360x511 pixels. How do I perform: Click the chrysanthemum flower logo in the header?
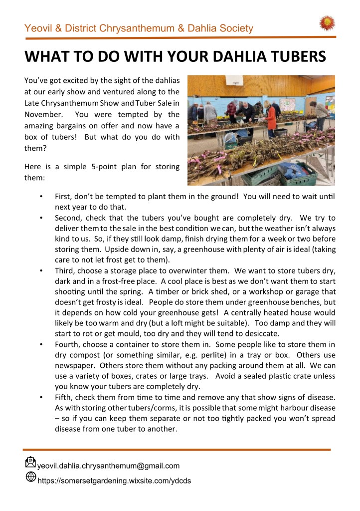(327, 22)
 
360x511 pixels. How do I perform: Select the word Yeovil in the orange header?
(39, 28)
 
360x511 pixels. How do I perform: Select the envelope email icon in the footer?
(30, 463)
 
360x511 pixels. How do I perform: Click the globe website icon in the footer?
(30, 477)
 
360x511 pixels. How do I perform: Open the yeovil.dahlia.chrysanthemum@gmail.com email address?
(108, 466)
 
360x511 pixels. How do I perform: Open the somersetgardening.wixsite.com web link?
(114, 481)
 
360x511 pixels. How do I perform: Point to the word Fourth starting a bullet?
(67, 344)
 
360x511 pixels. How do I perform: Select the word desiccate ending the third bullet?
(263, 333)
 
